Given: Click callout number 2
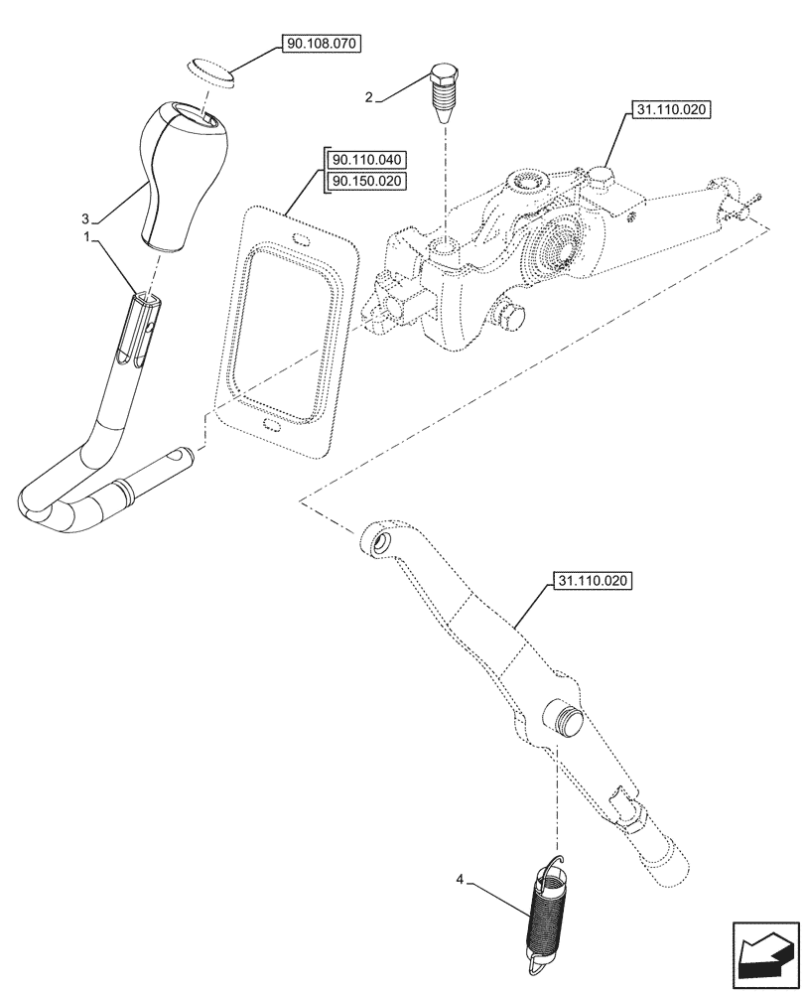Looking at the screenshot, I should [369, 96].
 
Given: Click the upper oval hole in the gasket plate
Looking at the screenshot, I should [300, 236].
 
